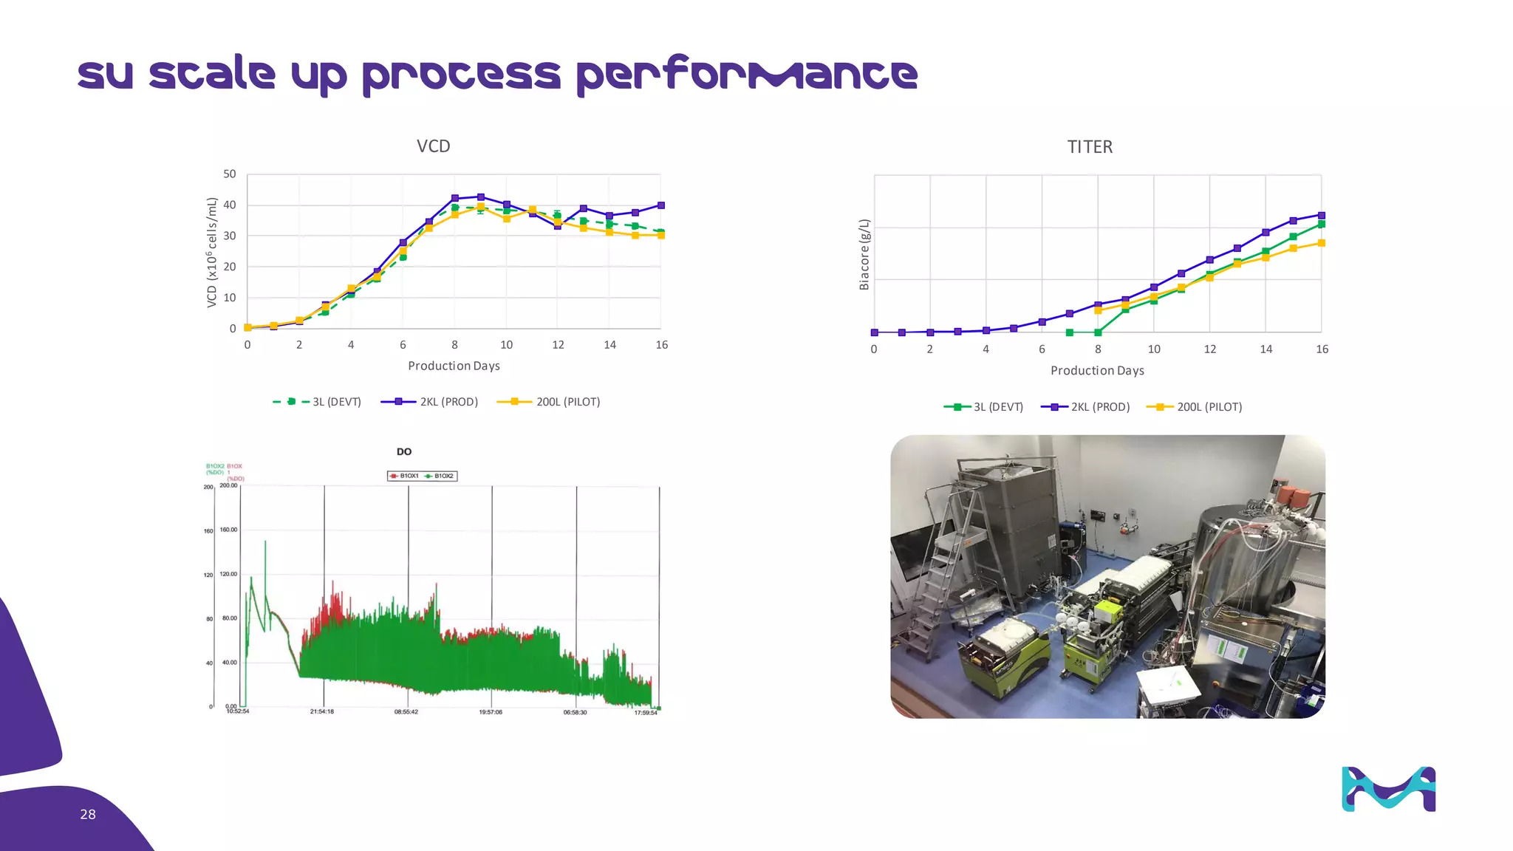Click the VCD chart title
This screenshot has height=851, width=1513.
tap(433, 146)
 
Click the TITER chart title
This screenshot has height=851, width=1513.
tap(1090, 147)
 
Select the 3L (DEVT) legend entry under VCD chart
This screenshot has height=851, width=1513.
tap(318, 402)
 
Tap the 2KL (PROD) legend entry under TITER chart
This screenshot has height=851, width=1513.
tap(1086, 407)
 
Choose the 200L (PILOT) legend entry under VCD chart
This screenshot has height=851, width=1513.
tap(550, 402)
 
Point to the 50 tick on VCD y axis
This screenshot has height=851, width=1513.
tap(230, 174)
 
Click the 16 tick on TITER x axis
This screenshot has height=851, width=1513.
tap(1322, 349)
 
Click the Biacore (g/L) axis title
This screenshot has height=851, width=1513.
tap(864, 254)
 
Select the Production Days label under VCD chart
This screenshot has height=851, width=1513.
tap(454, 366)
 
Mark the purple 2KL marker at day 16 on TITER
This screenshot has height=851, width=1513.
tap(1322, 216)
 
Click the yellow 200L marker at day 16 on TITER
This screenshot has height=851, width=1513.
tap(1322, 243)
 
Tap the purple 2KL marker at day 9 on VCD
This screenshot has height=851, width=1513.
tap(481, 197)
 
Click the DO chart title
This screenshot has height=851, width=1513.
tap(404, 451)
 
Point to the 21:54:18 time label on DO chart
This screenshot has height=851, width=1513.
tap(322, 711)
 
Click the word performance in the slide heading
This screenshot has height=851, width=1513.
tap(746, 74)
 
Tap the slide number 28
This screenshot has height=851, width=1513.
tap(88, 814)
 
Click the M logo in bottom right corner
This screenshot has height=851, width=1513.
tap(1388, 789)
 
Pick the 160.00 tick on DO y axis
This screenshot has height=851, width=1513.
tap(228, 530)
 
